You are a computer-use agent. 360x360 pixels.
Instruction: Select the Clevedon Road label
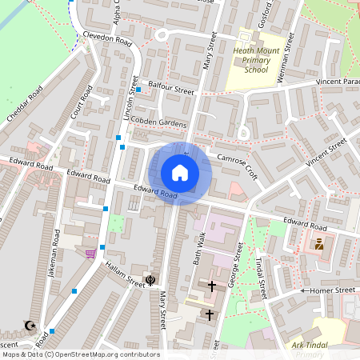click(x=107, y=39)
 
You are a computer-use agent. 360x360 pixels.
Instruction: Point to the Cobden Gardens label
click(x=159, y=122)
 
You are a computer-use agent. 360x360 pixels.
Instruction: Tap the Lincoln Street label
click(x=131, y=98)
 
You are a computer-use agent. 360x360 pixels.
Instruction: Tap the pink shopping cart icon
click(x=90, y=253)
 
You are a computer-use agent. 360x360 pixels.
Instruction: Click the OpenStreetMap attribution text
click(x=80, y=354)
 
